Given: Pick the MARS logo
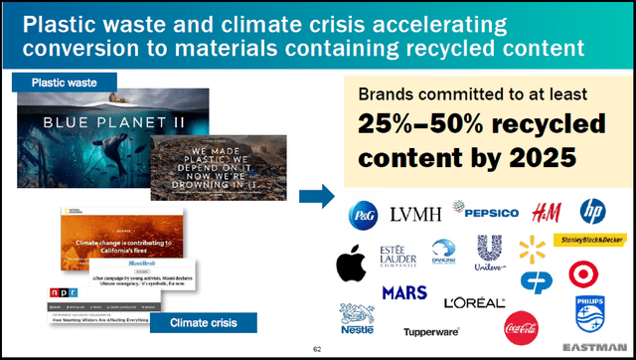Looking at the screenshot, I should coord(403,293).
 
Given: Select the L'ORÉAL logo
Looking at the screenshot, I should coord(475,301).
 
